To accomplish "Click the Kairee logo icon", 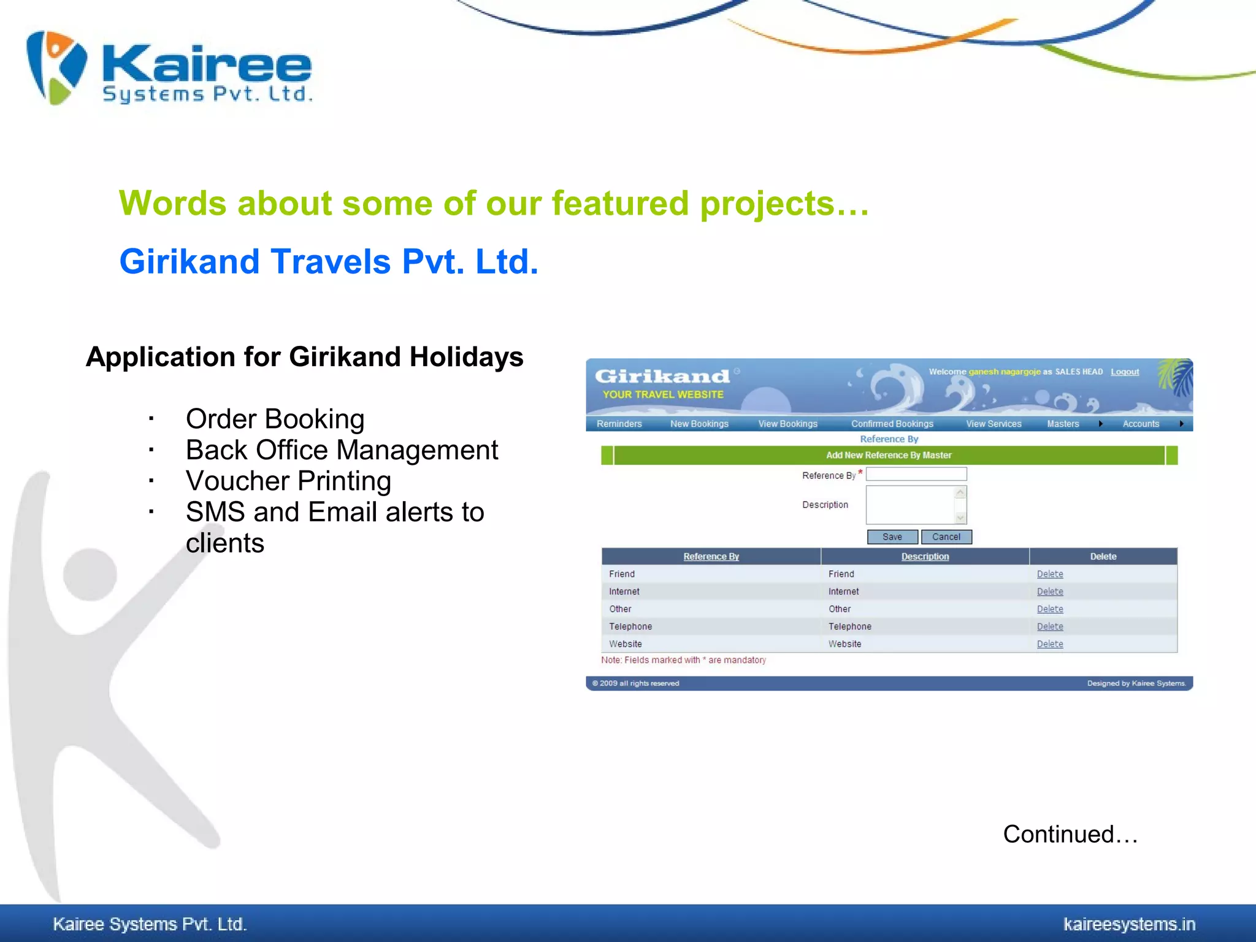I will tap(56, 67).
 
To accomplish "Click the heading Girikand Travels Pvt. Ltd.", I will tap(329, 262).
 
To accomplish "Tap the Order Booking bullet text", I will tap(275, 419).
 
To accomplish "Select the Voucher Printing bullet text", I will tap(288, 481).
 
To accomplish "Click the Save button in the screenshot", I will tap(892, 537).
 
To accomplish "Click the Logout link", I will tap(1124, 372).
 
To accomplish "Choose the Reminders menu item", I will tap(619, 424).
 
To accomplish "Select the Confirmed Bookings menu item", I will tap(892, 424).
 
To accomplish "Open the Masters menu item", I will tap(1063, 424).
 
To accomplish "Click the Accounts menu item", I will tap(1141, 424).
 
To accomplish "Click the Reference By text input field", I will tap(916, 474).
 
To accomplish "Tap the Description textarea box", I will tap(911, 505).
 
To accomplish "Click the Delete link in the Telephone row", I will tap(1050, 627).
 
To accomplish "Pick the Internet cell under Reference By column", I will tap(624, 592).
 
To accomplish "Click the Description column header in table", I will tap(925, 556).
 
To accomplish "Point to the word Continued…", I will tap(1070, 835).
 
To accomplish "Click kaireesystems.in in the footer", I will tap(1129, 924).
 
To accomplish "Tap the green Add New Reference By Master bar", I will tap(889, 455).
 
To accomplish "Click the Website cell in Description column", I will tap(844, 644).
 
